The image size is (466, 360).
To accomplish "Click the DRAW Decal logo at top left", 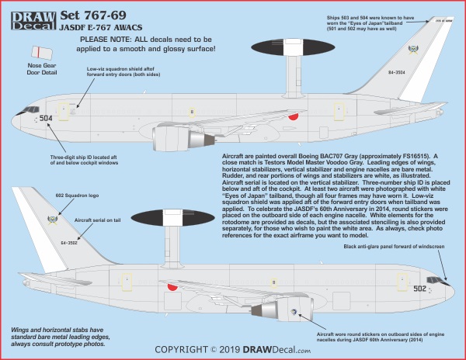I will pos(26,17).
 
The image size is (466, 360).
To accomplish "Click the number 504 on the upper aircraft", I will pos(46,119).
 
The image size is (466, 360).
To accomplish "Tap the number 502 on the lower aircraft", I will pos(419,288).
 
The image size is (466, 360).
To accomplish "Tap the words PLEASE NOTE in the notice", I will pos(105,36).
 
